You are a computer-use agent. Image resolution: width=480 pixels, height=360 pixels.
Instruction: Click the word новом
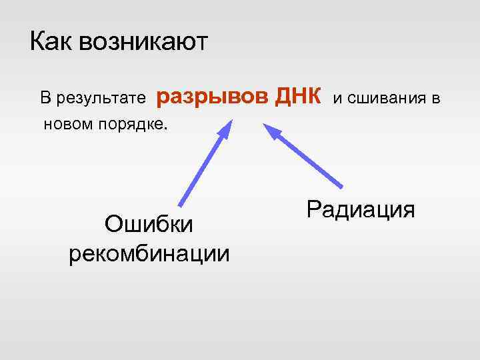(67, 124)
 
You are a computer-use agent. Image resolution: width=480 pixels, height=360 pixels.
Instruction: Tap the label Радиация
(361, 209)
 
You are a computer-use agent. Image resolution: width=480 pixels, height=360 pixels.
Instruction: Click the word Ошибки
(149, 225)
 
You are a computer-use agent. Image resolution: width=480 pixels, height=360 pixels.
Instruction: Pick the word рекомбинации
(149, 253)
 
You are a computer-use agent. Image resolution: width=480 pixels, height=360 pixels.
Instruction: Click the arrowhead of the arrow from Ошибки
(226, 127)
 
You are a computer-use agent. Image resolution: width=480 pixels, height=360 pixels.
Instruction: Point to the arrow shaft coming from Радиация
(307, 157)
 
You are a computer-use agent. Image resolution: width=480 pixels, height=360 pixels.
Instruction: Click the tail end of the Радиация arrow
(342, 186)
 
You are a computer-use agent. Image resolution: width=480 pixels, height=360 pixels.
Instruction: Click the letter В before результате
(45, 99)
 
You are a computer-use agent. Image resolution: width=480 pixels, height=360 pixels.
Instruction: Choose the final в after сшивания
(434, 99)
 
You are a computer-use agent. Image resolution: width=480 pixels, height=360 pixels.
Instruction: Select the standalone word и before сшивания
(338, 99)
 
